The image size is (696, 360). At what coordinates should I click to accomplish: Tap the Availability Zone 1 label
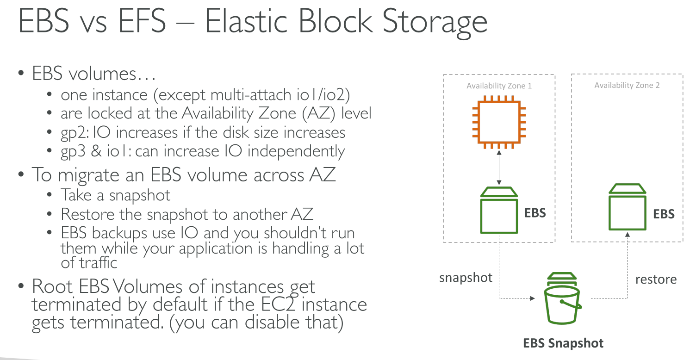499,86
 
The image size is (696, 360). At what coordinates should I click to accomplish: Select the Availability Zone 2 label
627,85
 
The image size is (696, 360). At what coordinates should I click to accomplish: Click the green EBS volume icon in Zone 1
499,210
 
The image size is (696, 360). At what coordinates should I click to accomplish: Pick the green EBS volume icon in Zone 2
628,207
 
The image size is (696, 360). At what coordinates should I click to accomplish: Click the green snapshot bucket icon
562,298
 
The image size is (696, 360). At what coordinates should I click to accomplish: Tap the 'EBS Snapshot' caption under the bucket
563,343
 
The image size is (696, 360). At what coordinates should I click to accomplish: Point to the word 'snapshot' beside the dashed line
466,278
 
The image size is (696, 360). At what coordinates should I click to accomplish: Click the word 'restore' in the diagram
656,279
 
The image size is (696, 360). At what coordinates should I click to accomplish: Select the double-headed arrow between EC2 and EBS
499,168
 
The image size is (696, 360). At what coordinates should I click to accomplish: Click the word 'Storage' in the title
435,22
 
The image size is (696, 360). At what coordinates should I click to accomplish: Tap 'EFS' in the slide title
142,20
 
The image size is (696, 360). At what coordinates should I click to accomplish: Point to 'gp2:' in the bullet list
75,133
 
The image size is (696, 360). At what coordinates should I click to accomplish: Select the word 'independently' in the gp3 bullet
296,152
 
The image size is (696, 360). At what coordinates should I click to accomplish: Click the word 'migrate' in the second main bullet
89,175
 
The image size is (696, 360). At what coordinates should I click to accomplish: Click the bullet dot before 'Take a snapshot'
49,195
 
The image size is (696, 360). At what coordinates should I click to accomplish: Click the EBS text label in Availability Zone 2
664,214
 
